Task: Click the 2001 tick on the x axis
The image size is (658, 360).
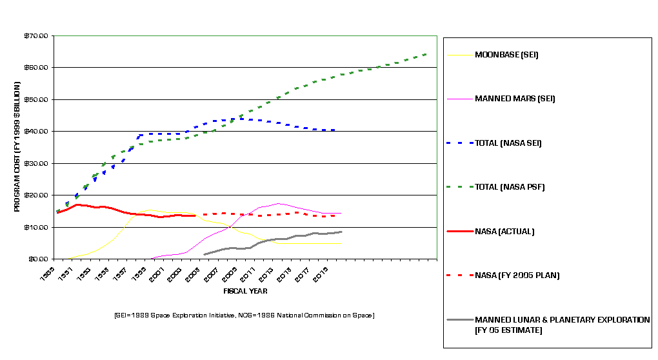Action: (155, 275)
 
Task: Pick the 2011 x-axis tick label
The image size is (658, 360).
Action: (246, 275)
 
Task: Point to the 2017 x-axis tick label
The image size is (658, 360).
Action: (301, 275)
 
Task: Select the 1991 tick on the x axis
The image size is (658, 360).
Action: (64, 275)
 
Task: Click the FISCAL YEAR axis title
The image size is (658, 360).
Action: (245, 291)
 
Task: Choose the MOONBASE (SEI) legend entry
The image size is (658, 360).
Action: (506, 55)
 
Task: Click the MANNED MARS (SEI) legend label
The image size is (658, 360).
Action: (515, 99)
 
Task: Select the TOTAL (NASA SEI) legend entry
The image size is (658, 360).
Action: (508, 143)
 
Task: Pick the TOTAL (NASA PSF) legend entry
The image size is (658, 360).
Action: (508, 187)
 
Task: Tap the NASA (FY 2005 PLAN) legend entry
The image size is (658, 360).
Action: (517, 275)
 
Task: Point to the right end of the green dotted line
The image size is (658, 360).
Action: (428, 54)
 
